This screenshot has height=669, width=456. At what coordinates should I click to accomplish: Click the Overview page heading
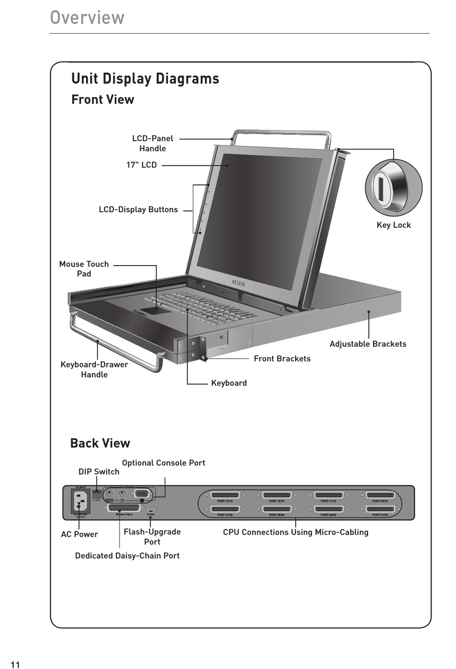tap(87, 18)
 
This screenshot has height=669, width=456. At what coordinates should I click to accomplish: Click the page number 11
tap(15, 664)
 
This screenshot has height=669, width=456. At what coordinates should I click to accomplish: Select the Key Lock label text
tap(394, 225)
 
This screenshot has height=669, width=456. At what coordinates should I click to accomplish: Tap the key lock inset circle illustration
tap(393, 187)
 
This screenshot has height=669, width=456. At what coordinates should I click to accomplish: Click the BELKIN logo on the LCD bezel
tap(239, 283)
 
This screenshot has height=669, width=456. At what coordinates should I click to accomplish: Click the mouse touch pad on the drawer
tap(156, 310)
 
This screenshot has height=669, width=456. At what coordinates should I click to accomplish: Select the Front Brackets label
tap(282, 358)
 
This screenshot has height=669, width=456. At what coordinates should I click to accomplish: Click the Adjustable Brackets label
tap(368, 344)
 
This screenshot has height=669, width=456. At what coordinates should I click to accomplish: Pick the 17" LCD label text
tap(141, 165)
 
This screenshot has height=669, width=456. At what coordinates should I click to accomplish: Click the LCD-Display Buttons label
tap(138, 209)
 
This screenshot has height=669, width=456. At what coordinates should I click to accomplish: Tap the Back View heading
tap(100, 443)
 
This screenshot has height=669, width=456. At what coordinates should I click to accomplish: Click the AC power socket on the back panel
tap(80, 501)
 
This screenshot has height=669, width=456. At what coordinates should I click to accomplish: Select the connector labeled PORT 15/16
tap(225, 495)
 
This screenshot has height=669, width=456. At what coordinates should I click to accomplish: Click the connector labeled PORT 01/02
tap(380, 509)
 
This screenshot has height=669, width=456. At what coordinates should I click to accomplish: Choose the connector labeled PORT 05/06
tap(276, 509)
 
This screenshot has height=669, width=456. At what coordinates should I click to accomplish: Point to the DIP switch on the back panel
tap(97, 493)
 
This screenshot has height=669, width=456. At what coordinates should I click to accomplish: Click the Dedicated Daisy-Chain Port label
tap(127, 556)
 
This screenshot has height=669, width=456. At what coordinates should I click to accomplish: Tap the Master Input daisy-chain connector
tap(124, 508)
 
